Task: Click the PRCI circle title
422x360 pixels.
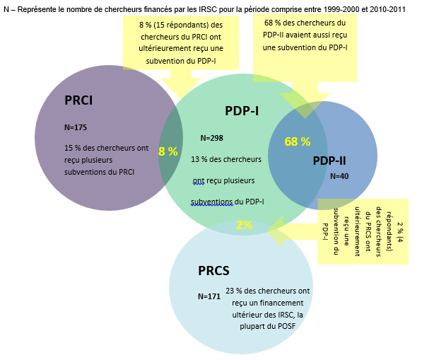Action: (78, 100)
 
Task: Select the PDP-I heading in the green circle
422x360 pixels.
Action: (242, 111)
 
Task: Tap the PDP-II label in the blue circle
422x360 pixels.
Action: (329, 161)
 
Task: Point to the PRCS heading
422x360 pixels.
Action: (213, 271)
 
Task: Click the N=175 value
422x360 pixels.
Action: (76, 127)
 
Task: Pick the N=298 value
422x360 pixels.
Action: (212, 138)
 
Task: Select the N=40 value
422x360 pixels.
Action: (339, 176)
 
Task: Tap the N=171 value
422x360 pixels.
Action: (209, 296)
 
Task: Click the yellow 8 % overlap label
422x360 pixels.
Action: (168, 151)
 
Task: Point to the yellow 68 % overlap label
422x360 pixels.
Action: (298, 141)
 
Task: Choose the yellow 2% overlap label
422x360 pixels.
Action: (245, 225)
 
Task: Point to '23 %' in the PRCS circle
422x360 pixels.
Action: (234, 291)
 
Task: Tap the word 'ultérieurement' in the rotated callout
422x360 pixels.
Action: (357, 231)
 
